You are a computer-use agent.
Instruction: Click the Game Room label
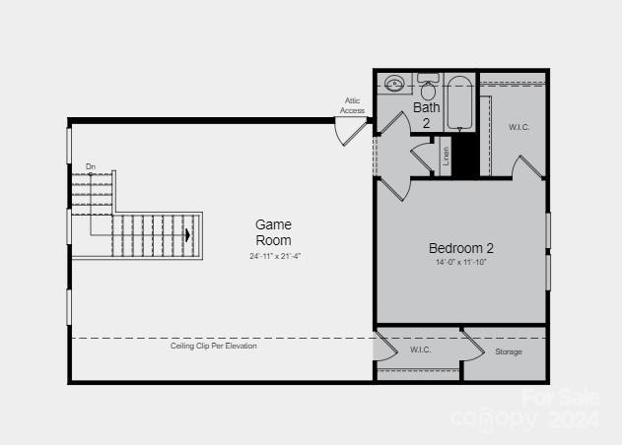[273, 232]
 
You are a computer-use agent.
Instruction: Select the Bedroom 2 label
[460, 248]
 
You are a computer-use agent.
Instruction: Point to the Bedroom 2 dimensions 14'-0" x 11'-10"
[460, 263]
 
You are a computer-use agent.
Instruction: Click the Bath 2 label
[427, 115]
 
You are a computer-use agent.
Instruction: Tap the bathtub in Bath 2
[460, 103]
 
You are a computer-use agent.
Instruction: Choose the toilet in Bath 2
[429, 90]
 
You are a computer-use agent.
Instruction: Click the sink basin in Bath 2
[395, 84]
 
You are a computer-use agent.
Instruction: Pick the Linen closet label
[447, 155]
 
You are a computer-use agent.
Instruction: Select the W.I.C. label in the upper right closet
[519, 127]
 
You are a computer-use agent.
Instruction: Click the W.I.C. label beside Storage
[421, 350]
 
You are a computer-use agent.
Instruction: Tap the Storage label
[509, 351]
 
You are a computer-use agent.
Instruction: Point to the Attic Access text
[352, 105]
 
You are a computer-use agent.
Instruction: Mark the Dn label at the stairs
[91, 166]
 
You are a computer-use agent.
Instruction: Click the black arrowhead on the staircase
[187, 235]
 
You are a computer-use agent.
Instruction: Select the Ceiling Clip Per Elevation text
[214, 347]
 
